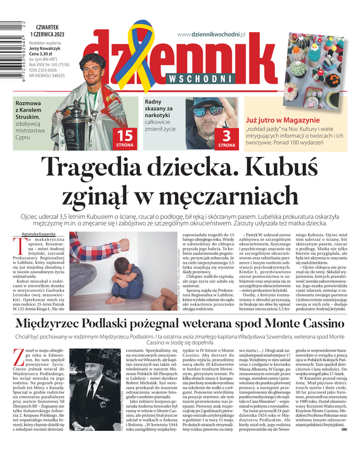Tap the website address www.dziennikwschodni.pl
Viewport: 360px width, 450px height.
[x=212, y=34]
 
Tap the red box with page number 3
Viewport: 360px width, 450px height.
[x=227, y=138]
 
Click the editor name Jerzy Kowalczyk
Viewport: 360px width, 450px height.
[x=49, y=48]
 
